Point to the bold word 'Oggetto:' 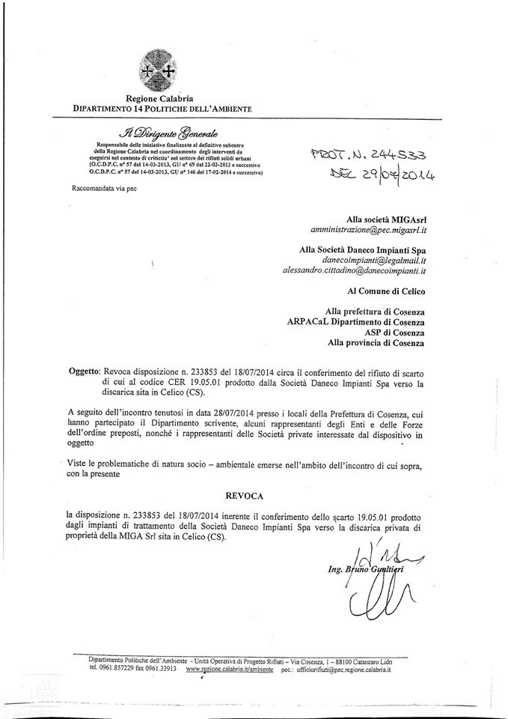coord(80,371)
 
